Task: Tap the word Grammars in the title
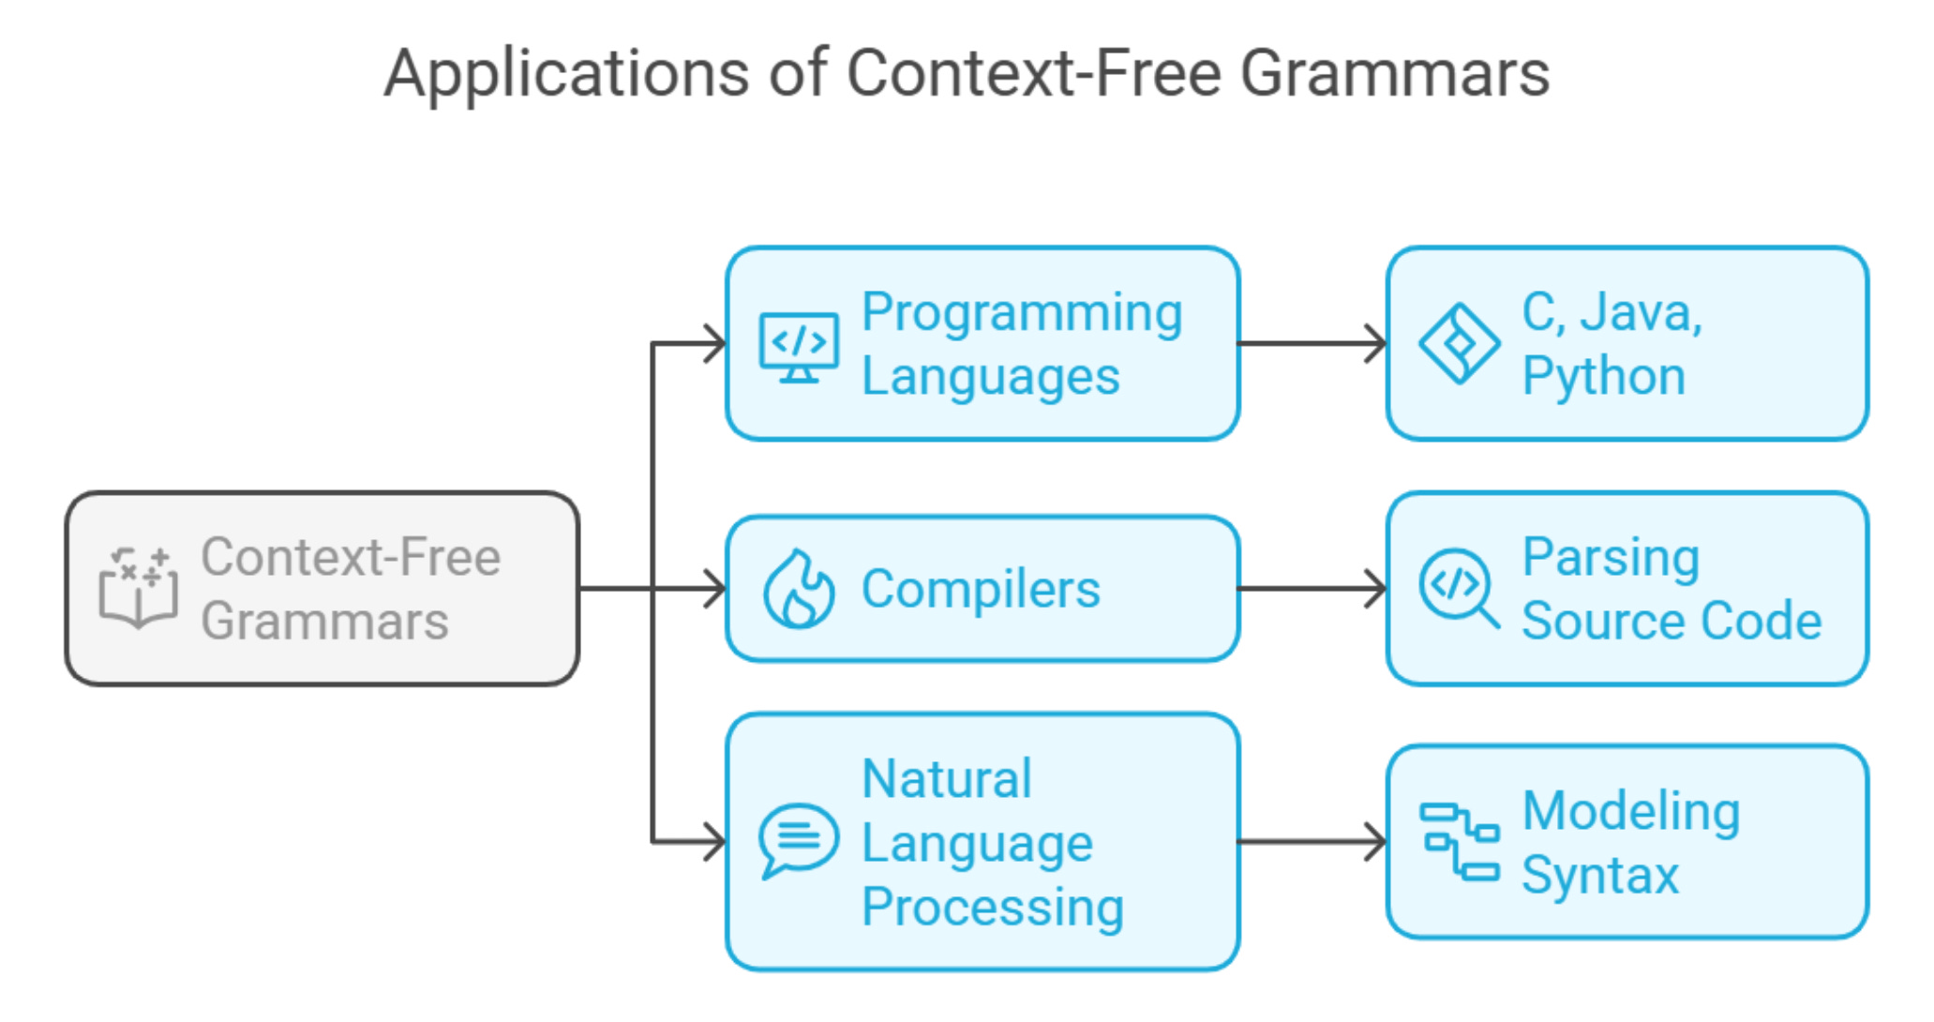tap(1395, 73)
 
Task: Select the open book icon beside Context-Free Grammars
tap(138, 588)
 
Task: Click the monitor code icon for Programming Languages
tap(799, 347)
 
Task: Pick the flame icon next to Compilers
tap(799, 588)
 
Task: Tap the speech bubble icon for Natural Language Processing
tap(798, 840)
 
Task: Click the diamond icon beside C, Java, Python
tap(1459, 343)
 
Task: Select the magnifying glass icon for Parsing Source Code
tap(1459, 588)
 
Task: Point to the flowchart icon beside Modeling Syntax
tap(1459, 841)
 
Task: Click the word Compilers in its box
tap(981, 590)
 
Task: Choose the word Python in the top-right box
tap(1603, 376)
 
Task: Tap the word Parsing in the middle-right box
tap(1611, 558)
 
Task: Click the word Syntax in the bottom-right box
tap(1599, 875)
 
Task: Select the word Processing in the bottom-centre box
tap(992, 908)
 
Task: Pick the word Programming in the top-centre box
tap(1022, 313)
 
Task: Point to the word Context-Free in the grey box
tap(352, 557)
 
